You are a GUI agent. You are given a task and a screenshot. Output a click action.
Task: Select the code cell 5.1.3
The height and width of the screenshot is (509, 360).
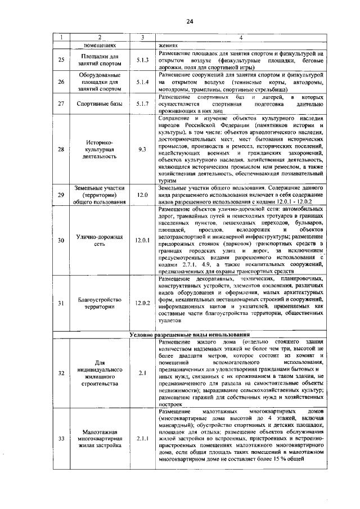142,60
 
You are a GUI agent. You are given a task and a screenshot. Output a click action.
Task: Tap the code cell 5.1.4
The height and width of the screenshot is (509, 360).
142,82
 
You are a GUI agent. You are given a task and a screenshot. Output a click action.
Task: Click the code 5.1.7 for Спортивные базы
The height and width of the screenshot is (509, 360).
142,104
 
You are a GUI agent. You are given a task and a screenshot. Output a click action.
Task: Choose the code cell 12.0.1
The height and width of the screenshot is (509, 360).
142,240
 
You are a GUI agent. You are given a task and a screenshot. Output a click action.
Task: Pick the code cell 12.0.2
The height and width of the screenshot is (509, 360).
142,303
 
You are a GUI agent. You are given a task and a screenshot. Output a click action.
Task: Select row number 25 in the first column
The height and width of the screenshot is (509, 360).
61,60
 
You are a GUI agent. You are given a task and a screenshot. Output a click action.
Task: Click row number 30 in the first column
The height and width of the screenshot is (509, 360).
61,240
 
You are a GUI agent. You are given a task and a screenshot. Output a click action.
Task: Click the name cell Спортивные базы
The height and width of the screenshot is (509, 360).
100,104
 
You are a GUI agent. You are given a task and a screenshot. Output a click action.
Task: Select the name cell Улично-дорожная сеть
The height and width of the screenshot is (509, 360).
100,240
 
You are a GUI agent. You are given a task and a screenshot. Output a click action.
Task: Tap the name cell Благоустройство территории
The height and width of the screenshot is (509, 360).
100,303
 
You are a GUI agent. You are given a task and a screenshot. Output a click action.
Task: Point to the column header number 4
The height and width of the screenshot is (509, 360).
240,38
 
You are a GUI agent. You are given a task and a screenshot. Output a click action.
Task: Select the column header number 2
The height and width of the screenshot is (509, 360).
100,38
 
